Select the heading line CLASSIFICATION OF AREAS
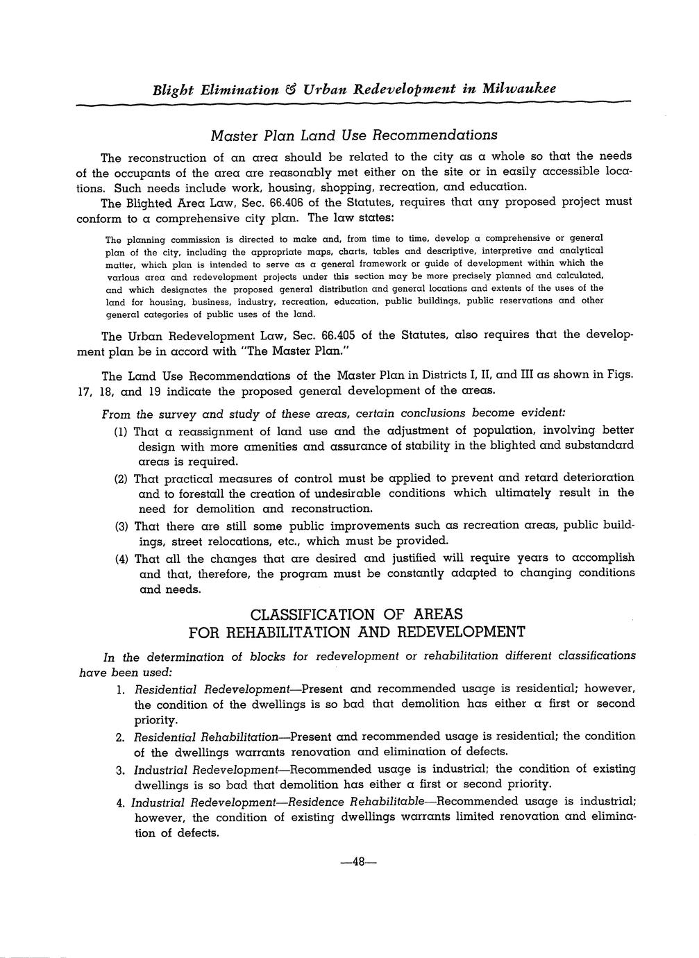tap(355, 615)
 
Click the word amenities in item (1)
tap(264, 446)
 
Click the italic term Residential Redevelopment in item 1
tap(212, 689)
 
